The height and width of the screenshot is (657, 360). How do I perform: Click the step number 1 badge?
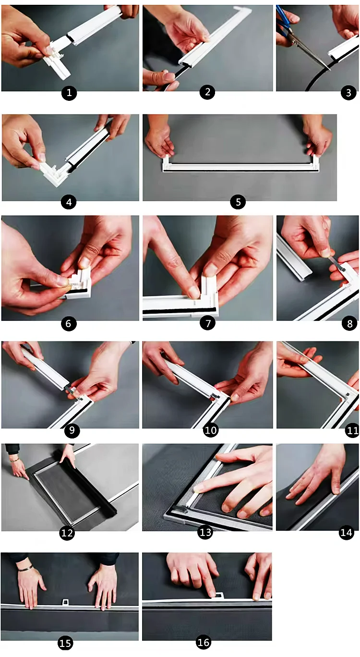pos(69,93)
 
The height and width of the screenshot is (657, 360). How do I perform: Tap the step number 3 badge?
pos(348,93)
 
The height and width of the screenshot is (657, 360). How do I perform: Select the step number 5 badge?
pos(238,202)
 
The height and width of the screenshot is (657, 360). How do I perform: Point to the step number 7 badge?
pos(208,323)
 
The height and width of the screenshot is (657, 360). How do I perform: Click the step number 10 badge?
pos(211,430)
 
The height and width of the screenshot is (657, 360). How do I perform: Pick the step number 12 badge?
pos(67,533)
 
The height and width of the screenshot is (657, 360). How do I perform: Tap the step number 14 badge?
pos(346,532)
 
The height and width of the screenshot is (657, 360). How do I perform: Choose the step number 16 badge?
pos(204,642)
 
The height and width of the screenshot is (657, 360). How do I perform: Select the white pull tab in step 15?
pos(66,602)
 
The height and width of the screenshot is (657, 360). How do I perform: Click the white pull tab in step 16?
pos(219,596)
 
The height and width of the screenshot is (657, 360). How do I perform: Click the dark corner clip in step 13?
pos(180,509)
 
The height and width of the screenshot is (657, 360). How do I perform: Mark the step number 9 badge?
pos(72,430)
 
